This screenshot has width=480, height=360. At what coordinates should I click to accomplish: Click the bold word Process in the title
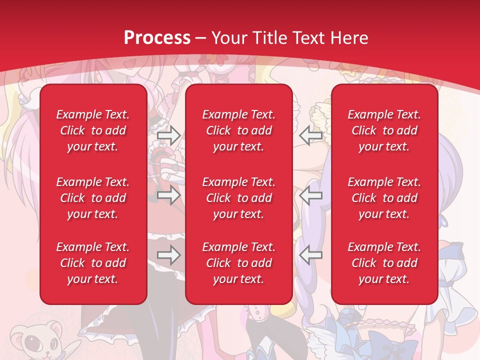(x=157, y=38)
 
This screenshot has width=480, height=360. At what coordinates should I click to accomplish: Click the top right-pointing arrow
(x=169, y=135)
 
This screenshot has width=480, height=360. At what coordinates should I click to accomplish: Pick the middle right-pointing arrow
(x=169, y=195)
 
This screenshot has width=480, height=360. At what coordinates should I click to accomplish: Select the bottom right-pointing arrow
(x=169, y=255)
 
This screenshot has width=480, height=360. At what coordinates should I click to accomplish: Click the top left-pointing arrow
(x=311, y=135)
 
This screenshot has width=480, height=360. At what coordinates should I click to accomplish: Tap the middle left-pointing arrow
(x=311, y=195)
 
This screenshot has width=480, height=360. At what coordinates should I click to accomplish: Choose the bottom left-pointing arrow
(x=311, y=255)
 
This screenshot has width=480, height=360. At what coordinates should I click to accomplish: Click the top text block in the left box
(x=93, y=130)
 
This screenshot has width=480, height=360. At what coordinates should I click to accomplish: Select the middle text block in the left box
(x=93, y=198)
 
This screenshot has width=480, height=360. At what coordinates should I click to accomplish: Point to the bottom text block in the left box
(x=93, y=263)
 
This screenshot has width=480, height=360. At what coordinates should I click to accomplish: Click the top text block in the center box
(x=239, y=130)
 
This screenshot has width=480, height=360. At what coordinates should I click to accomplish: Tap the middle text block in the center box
(x=239, y=198)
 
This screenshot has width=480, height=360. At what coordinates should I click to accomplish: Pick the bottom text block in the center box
(x=239, y=263)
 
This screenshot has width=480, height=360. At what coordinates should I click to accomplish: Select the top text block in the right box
(x=384, y=130)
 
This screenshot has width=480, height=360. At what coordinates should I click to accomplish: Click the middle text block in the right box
(x=384, y=198)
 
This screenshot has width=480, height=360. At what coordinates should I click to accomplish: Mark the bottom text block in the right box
(x=384, y=263)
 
